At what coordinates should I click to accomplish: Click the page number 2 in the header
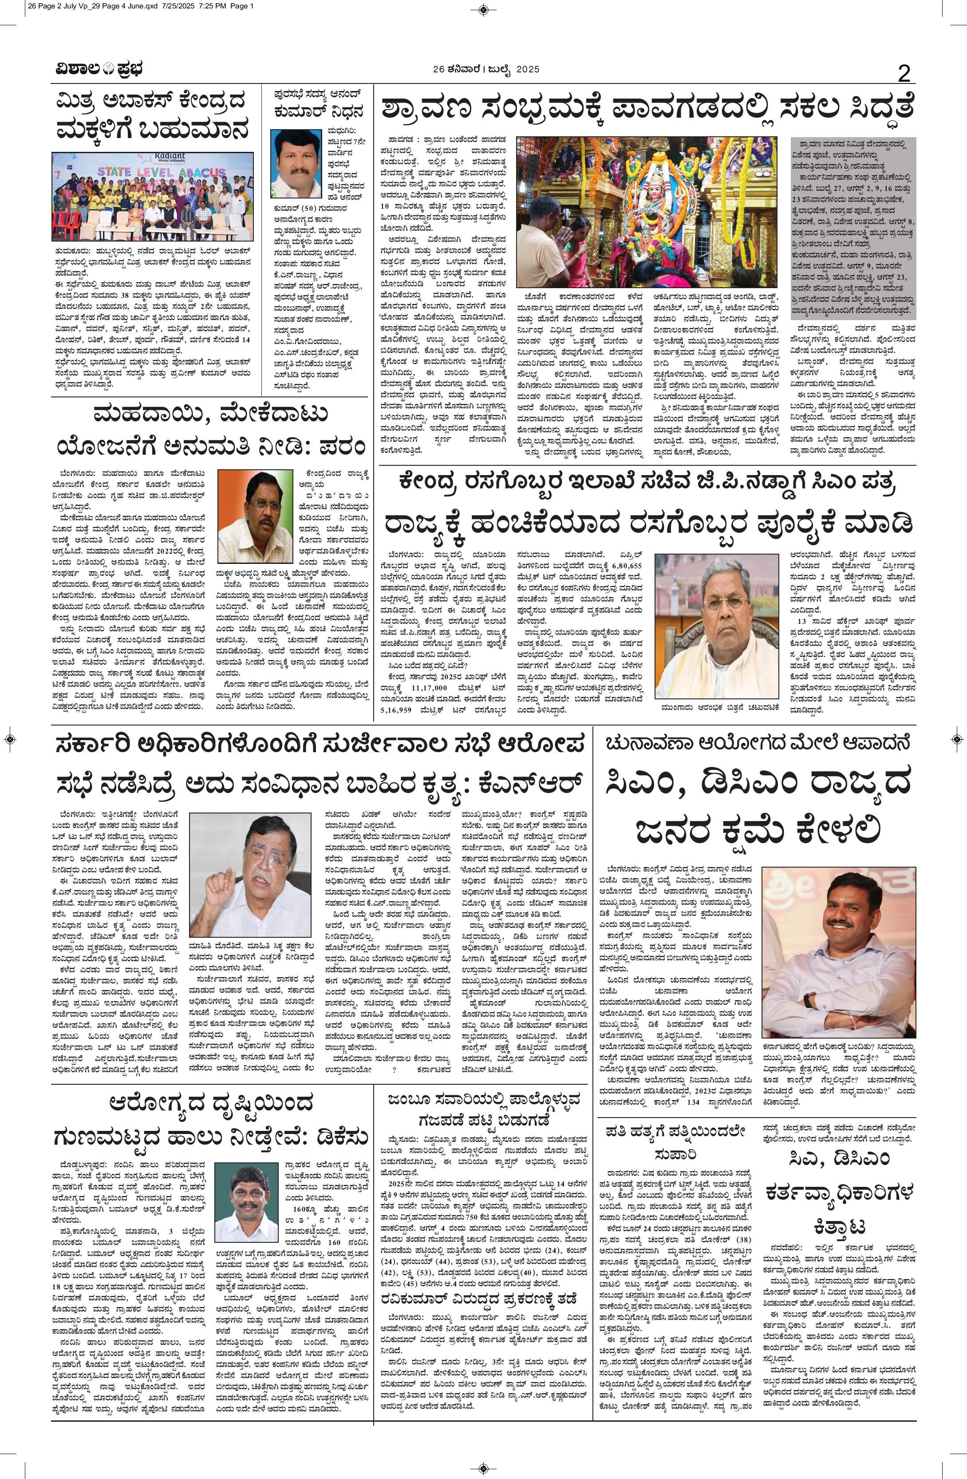pos(904,73)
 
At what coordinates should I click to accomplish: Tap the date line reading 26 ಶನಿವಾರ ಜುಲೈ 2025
pos(485,70)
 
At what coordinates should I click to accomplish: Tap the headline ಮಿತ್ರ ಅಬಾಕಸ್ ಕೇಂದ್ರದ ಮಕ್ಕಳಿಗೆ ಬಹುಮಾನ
pos(153,117)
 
